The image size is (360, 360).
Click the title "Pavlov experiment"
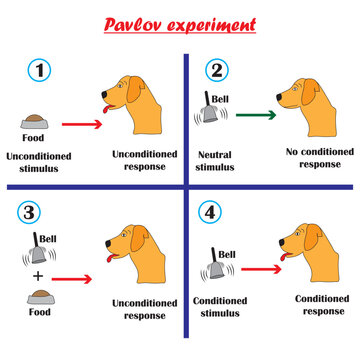[x=180, y=23]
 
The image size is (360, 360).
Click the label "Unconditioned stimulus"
[x=37, y=163]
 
